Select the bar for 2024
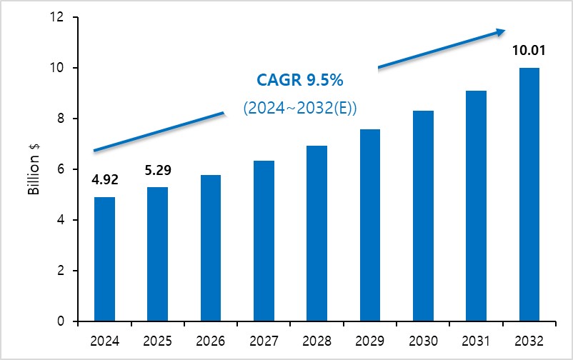104,259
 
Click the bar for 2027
264,241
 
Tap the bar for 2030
423,216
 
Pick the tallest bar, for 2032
529,194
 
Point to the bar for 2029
370,225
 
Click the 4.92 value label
105,180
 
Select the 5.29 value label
158,170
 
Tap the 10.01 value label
529,51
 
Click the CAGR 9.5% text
299,80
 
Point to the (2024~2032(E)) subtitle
300,108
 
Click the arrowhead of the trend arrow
501,32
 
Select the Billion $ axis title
34,169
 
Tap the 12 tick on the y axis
56,17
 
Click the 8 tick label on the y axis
60,119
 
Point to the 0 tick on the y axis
60,321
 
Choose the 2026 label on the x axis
211,341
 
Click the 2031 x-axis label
476,341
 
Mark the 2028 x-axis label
317,341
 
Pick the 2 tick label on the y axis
60,271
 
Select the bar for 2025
157,254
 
